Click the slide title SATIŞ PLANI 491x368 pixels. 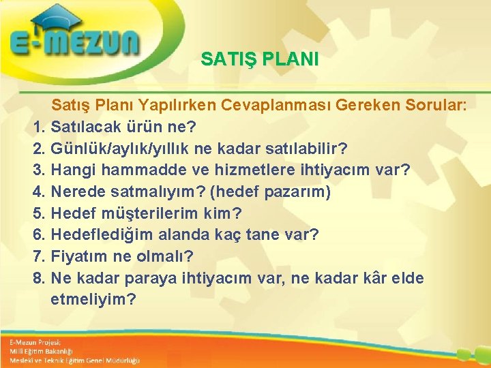click(260, 59)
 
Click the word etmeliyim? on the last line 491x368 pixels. click(93, 300)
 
